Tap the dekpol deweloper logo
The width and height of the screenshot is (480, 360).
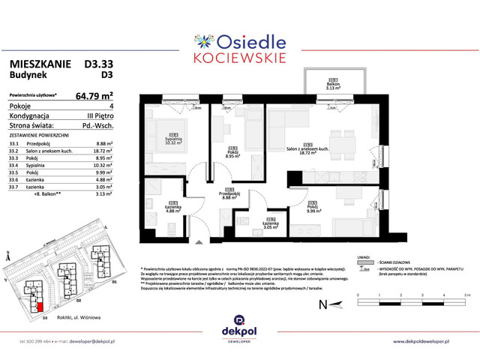tap(240, 327)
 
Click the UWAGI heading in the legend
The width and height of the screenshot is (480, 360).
tap(367, 255)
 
